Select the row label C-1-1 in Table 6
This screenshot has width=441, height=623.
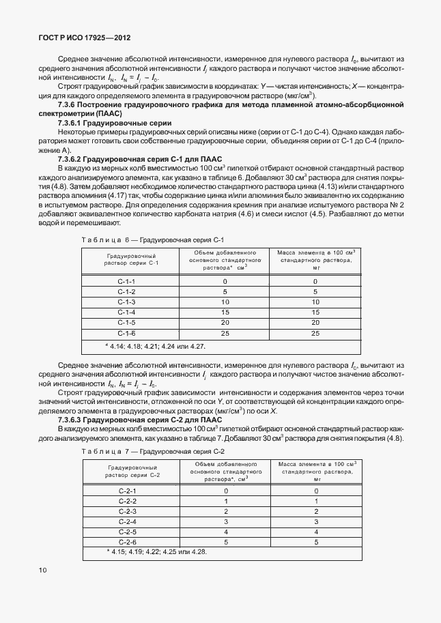[127, 281]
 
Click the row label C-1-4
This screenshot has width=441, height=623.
[127, 312]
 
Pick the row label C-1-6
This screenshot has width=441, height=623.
[127, 333]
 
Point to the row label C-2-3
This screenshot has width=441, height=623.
[128, 511]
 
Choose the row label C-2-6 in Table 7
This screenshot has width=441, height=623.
[128, 542]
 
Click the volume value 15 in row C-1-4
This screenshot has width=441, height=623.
[225, 312]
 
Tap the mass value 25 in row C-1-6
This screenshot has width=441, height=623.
[315, 333]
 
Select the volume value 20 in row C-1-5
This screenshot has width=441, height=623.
[225, 322]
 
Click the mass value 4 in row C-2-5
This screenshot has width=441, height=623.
[316, 532]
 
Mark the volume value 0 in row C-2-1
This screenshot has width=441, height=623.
[225, 491]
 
